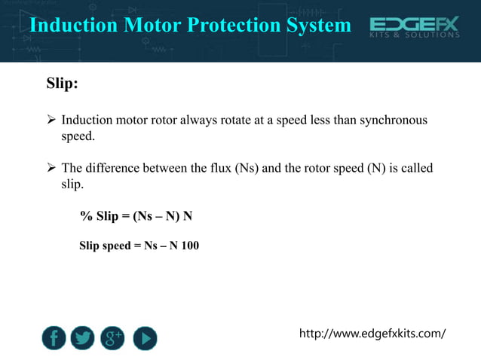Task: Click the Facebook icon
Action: (x=53, y=338)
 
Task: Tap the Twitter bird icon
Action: (x=83, y=338)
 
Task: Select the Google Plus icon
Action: (x=113, y=338)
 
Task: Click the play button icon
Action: (x=145, y=338)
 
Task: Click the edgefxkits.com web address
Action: (x=372, y=333)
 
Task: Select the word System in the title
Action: (x=319, y=25)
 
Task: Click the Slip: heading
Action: (x=63, y=83)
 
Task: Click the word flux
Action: (x=219, y=168)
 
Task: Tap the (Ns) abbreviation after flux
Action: (x=247, y=168)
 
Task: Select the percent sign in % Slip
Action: (x=86, y=217)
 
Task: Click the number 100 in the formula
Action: (x=190, y=246)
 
